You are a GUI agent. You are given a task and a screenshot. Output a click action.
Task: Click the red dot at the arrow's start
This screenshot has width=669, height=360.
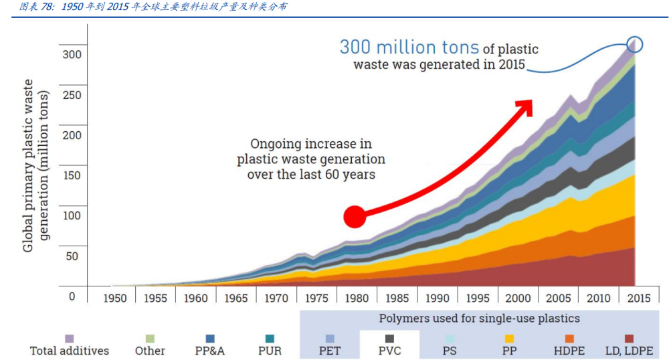[x=355, y=216]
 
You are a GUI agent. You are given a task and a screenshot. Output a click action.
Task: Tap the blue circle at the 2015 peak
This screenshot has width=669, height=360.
[x=635, y=45]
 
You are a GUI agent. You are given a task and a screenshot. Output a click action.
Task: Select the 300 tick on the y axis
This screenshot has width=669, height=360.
[x=72, y=54]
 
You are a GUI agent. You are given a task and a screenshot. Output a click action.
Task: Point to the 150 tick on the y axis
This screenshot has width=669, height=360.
[x=72, y=175]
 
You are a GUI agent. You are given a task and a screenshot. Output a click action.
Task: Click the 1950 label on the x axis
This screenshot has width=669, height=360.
[x=115, y=298]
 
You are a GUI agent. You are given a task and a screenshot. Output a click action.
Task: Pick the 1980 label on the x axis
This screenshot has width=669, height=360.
[x=357, y=298]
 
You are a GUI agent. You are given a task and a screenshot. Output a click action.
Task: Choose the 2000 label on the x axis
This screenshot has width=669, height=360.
[x=518, y=298]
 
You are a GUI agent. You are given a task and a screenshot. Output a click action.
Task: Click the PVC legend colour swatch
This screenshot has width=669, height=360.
[x=390, y=339]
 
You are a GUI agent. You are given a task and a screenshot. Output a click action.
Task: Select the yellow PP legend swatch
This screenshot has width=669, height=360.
[x=510, y=339]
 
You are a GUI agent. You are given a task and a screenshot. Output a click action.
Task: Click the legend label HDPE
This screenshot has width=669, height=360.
[x=570, y=351]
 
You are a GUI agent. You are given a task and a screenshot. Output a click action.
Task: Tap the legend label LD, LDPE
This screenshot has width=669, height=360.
[x=628, y=351]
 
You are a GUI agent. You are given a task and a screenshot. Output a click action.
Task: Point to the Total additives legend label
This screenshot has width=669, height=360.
[x=70, y=351]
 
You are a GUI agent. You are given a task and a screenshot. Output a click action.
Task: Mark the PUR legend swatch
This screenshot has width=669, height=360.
[x=270, y=339]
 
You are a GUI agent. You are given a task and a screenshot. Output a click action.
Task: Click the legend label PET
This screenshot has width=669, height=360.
[x=330, y=351]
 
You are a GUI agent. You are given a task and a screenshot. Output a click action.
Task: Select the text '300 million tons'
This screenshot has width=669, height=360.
[x=409, y=48]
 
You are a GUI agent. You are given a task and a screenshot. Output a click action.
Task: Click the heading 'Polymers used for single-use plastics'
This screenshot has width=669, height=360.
[x=479, y=319]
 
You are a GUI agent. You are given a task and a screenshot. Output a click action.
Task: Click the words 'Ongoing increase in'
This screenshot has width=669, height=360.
[x=311, y=144]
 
